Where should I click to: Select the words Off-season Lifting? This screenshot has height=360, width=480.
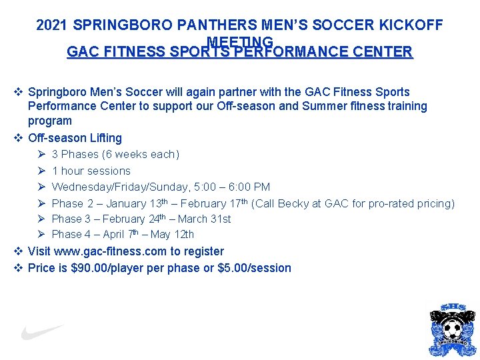point(75,138)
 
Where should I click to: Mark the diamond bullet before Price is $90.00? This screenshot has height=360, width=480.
point(18,268)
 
